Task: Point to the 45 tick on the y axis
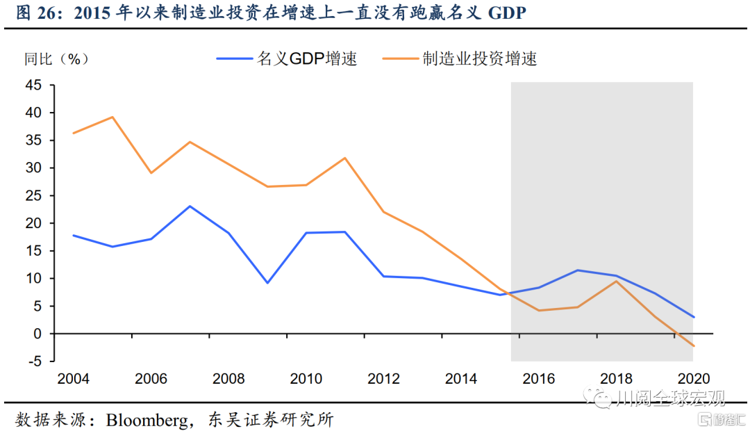34,85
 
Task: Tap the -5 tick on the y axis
34,361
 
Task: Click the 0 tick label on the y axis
37,334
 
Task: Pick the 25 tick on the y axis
34,195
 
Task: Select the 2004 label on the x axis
73,379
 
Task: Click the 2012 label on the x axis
384,379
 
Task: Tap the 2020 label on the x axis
692,379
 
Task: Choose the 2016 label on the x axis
539,379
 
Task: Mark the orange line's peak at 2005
112,117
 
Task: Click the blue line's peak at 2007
190,206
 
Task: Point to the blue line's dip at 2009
267,283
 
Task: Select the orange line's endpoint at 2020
692,345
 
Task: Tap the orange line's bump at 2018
615,281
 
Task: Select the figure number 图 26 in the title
33,14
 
